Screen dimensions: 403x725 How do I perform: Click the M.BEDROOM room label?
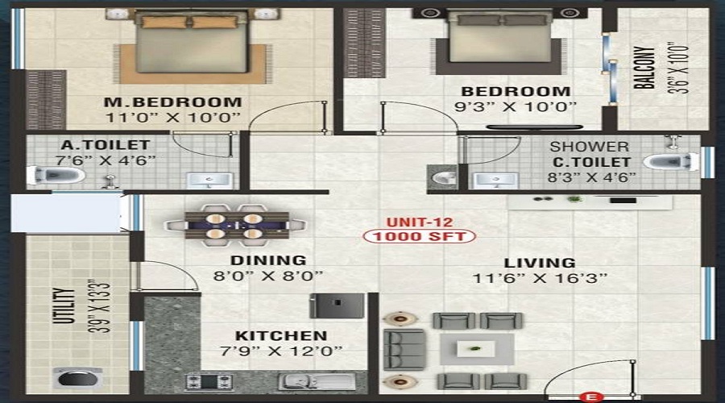pos(172,102)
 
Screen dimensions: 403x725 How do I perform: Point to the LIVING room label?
pos(540,263)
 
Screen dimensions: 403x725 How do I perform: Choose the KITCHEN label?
pos(280,335)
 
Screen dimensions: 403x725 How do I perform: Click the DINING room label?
pos(267,260)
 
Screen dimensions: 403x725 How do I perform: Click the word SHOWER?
pos(589,147)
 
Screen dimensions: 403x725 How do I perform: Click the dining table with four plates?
pos(234,225)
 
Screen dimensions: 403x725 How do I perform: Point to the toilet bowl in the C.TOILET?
pos(671,161)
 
